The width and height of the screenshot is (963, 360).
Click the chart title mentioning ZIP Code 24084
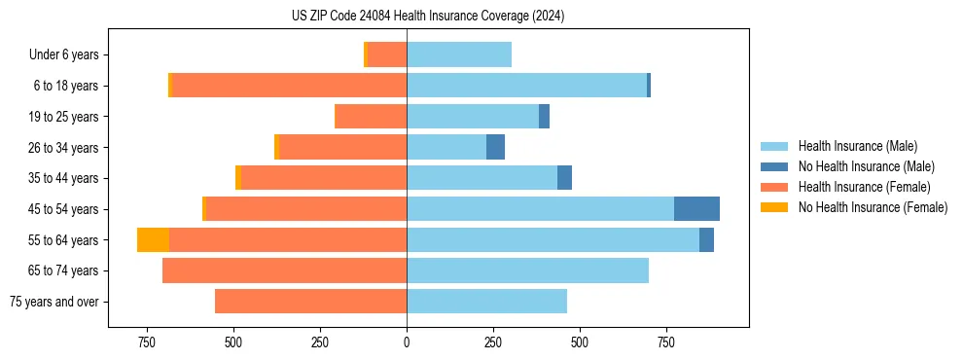click(x=428, y=17)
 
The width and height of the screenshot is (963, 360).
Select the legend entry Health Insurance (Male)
click(x=856, y=146)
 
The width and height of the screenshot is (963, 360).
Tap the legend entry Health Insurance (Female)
click(x=864, y=187)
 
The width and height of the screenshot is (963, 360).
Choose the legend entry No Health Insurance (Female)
click(x=873, y=207)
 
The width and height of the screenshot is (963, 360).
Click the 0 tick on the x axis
click(x=407, y=342)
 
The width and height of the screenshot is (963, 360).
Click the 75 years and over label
click(x=54, y=302)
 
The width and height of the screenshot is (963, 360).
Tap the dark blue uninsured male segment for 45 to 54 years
click(x=696, y=209)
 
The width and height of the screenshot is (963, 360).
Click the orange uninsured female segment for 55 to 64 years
click(x=153, y=240)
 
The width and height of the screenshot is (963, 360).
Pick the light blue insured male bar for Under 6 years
click(x=459, y=55)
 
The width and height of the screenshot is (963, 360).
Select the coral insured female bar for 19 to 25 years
click(x=371, y=117)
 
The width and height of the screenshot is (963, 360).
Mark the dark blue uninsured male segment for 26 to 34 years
click(x=495, y=148)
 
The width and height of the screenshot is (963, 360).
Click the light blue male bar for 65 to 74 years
click(x=527, y=270)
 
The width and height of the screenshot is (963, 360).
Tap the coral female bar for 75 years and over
click(x=310, y=302)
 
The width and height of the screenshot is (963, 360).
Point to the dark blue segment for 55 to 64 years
click(x=706, y=240)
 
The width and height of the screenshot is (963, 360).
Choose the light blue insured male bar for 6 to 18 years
click(x=526, y=86)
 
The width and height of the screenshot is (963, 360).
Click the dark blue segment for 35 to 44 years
click(x=564, y=178)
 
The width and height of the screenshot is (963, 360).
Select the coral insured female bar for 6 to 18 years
click(x=289, y=86)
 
